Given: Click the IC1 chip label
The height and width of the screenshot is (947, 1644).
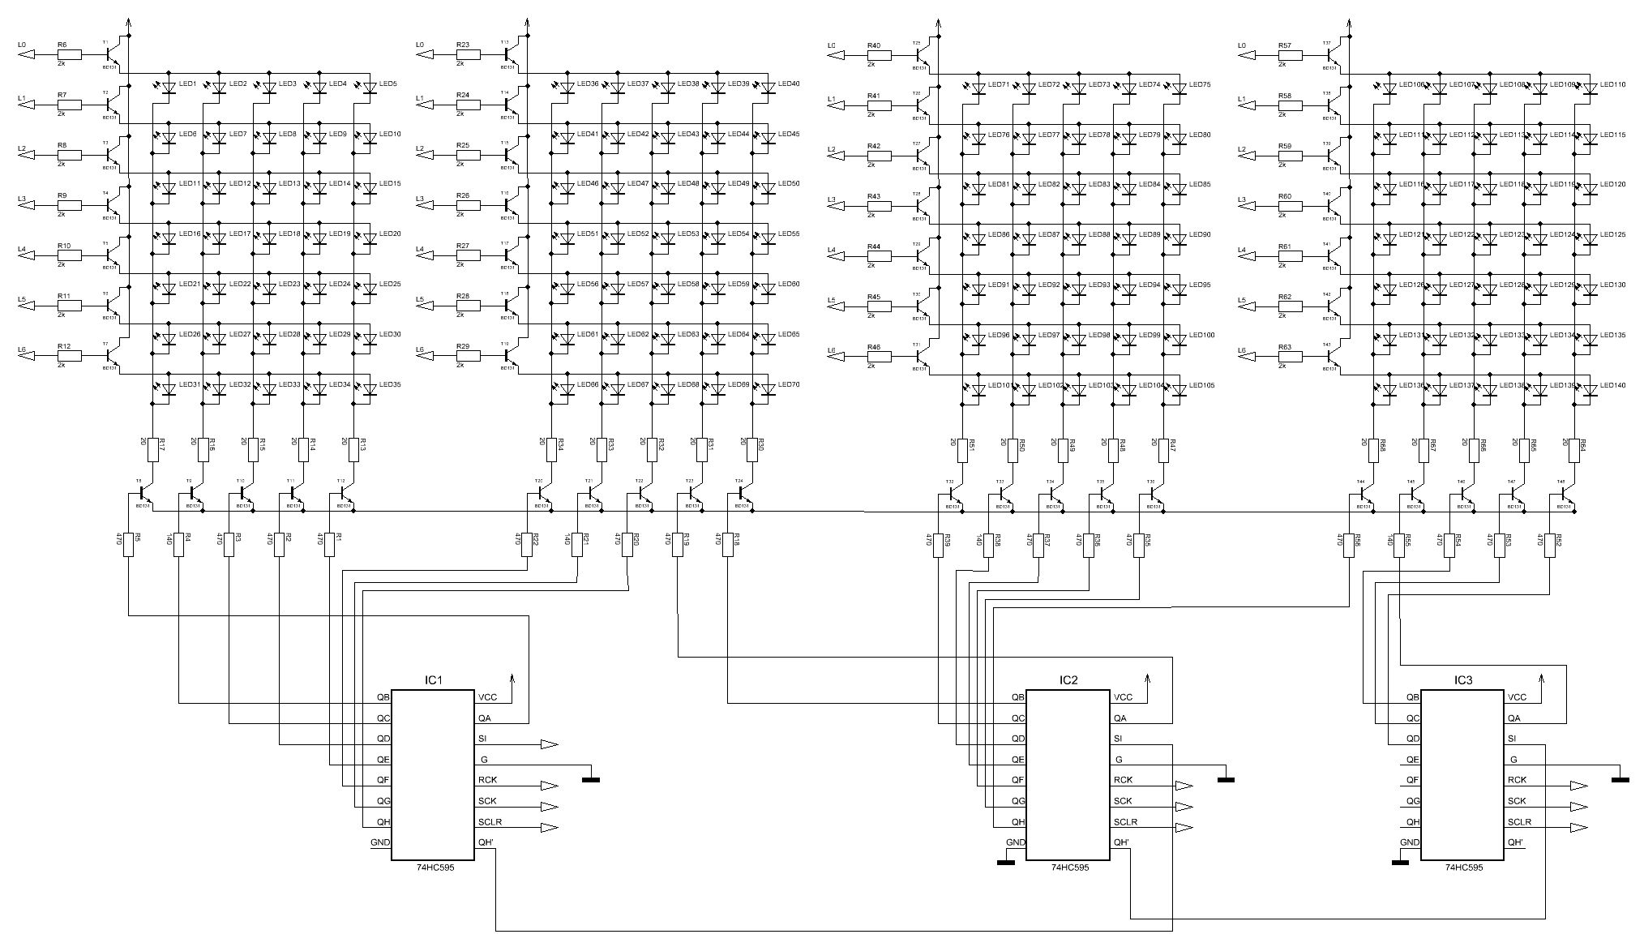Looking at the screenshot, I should [x=434, y=680].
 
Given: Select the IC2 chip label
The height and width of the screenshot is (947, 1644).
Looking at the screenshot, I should [x=1068, y=680].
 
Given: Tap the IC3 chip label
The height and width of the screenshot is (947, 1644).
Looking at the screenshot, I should [x=1463, y=680].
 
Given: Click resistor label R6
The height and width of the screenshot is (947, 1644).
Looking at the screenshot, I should [x=62, y=45].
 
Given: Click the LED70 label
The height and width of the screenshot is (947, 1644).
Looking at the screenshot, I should [x=789, y=384].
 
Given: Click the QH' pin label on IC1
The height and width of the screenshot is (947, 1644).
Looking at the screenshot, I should [x=486, y=842].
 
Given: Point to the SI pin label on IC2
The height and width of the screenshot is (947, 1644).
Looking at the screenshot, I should [x=1119, y=739].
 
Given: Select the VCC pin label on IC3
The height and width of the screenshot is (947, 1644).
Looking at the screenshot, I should [x=1518, y=697].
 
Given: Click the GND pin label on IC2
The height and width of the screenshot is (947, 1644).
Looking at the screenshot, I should [x=1015, y=842].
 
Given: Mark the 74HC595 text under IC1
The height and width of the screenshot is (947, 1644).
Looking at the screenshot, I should [x=434, y=868].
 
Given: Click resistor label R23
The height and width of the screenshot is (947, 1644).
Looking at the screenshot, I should [x=463, y=45].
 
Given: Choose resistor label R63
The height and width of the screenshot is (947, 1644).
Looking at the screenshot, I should [x=1284, y=347].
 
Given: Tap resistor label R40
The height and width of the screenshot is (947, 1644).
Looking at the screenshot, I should [x=874, y=45].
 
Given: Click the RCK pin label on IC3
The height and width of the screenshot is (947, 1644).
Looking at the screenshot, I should [x=1518, y=780].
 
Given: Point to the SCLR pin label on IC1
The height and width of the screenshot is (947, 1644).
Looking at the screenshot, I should [x=490, y=822].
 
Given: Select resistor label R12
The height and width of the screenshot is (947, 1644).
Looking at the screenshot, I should [x=64, y=346].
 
